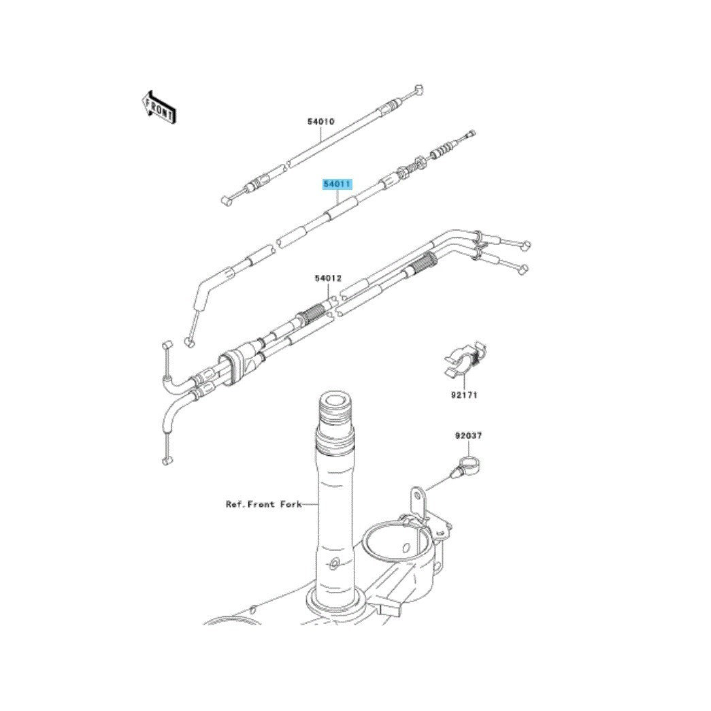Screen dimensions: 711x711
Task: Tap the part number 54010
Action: [320, 122]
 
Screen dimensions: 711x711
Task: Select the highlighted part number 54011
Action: [337, 184]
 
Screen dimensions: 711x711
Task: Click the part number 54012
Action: [328, 278]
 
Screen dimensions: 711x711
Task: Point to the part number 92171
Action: [464, 395]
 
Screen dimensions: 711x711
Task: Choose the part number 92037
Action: [468, 435]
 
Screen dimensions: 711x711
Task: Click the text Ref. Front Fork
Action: [263, 503]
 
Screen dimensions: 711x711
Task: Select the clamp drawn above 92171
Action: [463, 359]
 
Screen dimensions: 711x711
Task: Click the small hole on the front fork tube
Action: [334, 564]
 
